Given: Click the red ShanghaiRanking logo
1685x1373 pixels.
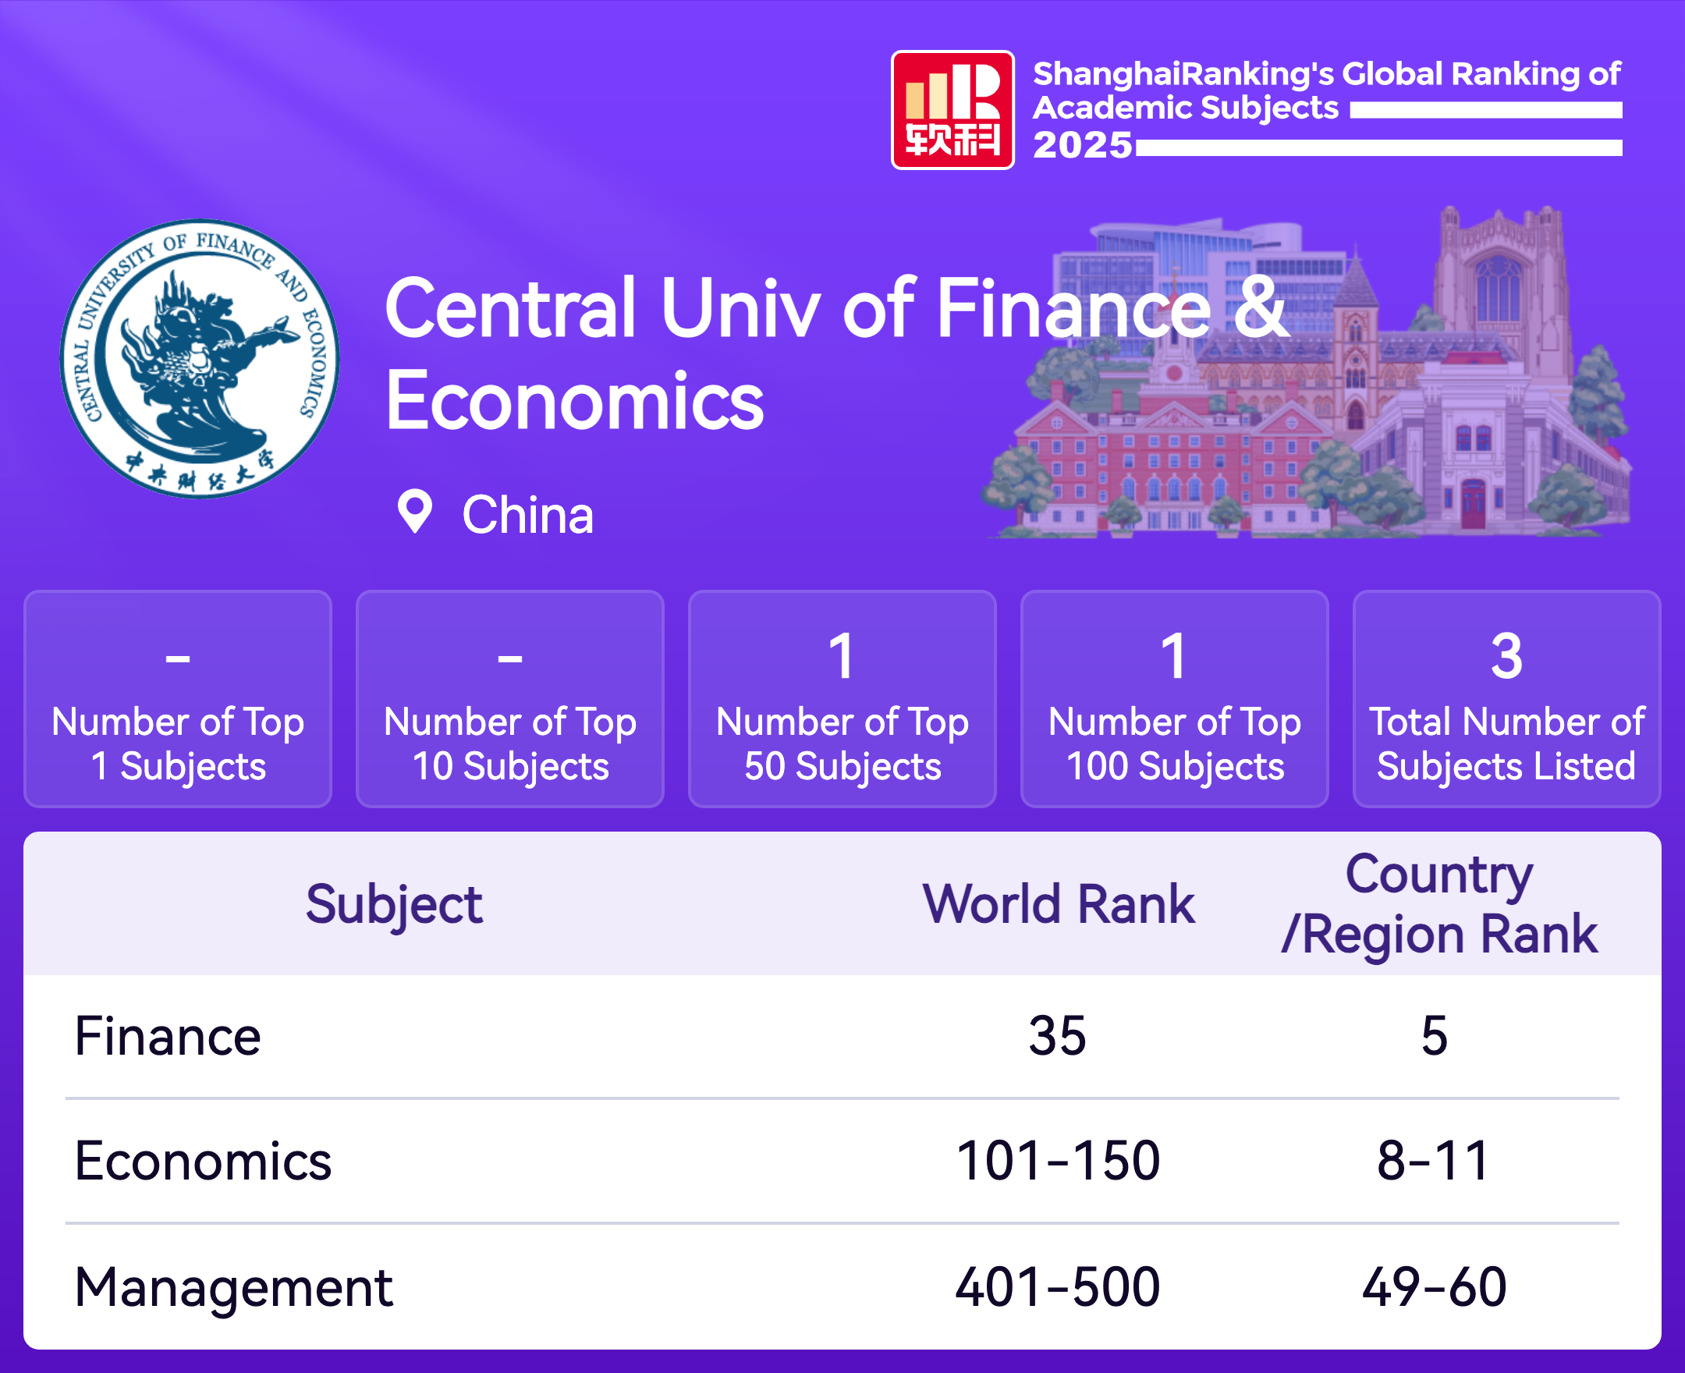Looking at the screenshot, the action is [x=952, y=110].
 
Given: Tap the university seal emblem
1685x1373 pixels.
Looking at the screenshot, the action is [x=199, y=358].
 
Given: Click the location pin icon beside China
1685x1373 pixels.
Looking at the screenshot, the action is [x=414, y=512].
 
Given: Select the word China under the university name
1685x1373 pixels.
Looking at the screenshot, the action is [x=527, y=515].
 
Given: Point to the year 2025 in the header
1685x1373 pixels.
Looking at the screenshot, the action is [x=1083, y=145].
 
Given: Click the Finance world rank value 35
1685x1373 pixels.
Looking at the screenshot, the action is [x=1057, y=1036].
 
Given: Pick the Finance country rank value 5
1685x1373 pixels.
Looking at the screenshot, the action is [x=1435, y=1036].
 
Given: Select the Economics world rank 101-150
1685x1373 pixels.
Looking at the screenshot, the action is [x=1058, y=1161].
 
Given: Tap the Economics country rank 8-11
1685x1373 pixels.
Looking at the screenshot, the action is [x=1434, y=1161].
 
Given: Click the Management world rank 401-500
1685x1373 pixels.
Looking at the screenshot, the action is [x=1058, y=1286].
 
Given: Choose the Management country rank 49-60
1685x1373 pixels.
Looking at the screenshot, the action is [x=1435, y=1286].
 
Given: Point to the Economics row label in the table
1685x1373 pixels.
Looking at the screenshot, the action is [x=203, y=1161].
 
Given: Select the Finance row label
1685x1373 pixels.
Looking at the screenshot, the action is [x=168, y=1036].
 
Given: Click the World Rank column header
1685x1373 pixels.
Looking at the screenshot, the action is [x=1059, y=903].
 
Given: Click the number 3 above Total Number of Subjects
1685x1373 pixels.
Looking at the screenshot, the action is [x=1506, y=656].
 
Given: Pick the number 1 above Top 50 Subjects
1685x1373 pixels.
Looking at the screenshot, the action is [x=842, y=656].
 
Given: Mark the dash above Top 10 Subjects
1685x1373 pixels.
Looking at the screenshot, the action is [x=510, y=658].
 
